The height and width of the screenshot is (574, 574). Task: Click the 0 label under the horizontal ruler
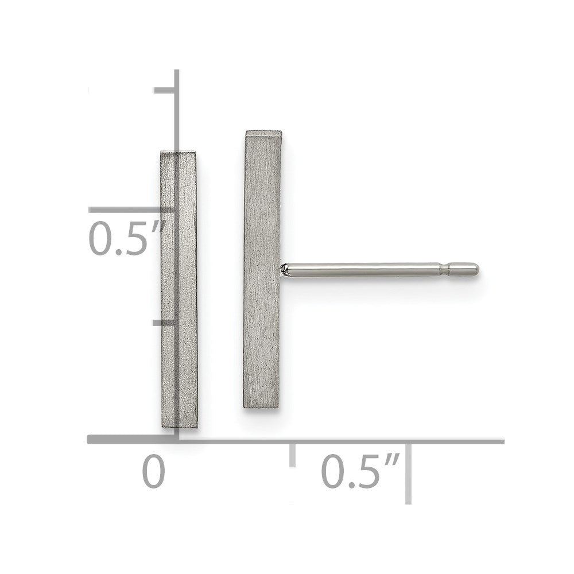pos(153,472)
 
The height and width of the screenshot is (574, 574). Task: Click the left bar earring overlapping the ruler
pos(179,290)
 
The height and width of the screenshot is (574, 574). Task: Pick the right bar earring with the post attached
pos(262,270)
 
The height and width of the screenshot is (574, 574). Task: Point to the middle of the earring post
pos(367,268)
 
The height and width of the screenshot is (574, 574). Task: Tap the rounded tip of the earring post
pos(474,267)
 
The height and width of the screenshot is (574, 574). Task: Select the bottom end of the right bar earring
pos(262,405)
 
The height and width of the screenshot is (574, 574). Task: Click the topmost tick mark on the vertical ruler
pos(166,90)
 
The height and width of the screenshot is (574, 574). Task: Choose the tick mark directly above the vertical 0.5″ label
pos(132,210)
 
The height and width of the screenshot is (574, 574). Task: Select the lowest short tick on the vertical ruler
pos(165,323)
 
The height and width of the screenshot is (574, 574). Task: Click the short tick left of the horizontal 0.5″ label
pos(293,453)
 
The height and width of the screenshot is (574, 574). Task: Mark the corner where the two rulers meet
pos(178,440)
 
